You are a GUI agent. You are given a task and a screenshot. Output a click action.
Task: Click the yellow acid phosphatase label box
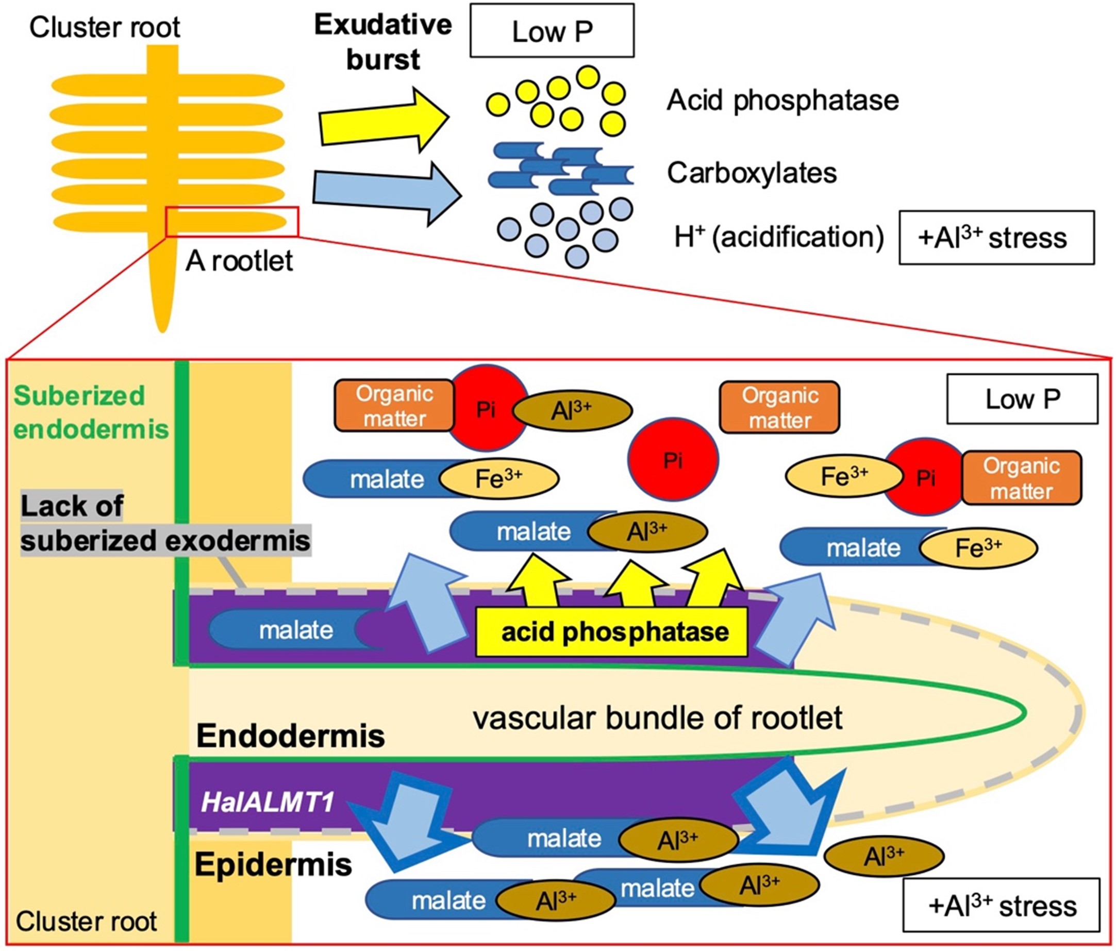611,631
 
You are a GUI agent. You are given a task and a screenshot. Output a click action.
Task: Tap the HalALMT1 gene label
268,803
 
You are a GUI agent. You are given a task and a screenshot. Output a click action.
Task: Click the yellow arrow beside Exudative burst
384,119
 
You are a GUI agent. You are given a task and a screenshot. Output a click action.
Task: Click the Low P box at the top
552,31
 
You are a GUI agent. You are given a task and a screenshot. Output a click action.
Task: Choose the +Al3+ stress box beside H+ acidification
996,238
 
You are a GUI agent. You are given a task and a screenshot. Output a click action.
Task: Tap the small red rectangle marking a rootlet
232,221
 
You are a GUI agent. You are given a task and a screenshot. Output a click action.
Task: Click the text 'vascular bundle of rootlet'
657,718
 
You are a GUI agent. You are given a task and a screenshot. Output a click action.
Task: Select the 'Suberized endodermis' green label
91,412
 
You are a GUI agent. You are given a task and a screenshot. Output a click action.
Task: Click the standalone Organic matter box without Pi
779,407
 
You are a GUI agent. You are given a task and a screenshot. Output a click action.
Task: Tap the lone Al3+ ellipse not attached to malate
884,856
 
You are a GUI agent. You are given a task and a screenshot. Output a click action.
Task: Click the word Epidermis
273,865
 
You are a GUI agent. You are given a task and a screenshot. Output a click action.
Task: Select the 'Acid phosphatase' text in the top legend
782,101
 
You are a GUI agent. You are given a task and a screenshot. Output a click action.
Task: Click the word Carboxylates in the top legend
752,173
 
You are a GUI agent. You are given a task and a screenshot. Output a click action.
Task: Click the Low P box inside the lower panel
1022,399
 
